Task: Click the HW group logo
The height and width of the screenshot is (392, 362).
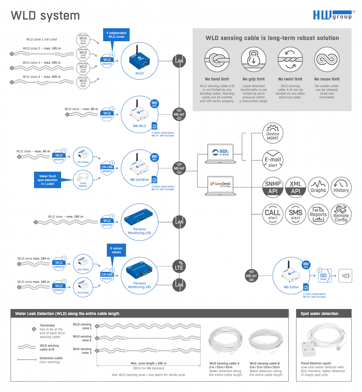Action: coord(332,15)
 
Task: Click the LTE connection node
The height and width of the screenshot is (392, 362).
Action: coord(180,267)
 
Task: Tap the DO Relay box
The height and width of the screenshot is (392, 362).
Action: coord(324,275)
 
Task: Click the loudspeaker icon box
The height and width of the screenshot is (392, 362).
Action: coord(347,275)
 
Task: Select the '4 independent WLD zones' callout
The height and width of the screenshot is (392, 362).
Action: coord(117,35)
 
